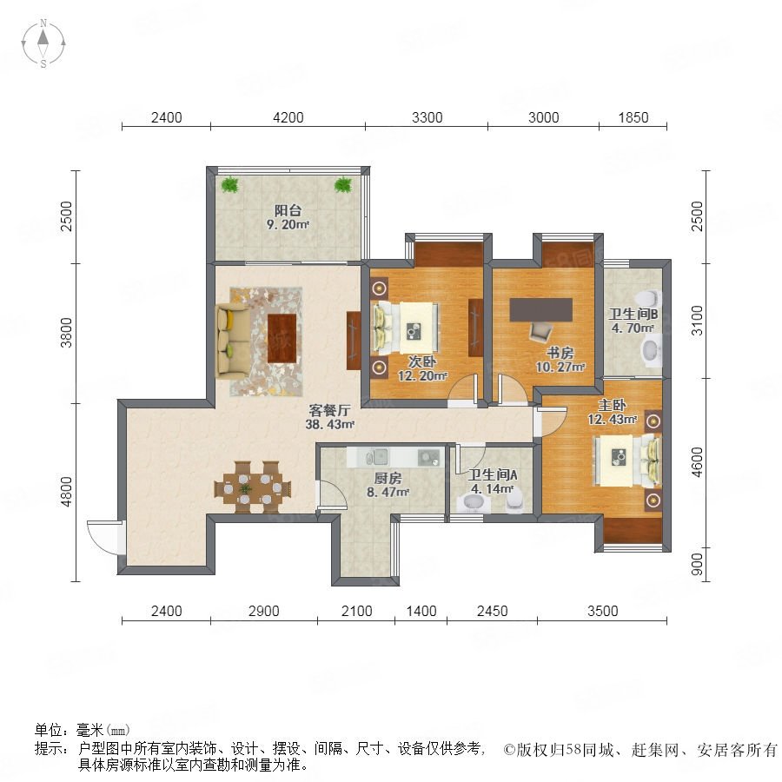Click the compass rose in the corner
click(43, 43)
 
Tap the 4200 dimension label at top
click(288, 117)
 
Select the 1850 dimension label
click(633, 117)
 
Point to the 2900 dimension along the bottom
click(264, 611)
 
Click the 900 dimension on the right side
click(697, 564)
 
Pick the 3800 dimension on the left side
click(66, 333)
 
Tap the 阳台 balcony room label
click(288, 210)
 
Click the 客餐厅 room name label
click(329, 410)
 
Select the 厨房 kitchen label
click(388, 478)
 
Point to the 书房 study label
click(560, 353)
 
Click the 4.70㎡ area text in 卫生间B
click(633, 328)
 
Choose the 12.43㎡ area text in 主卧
click(612, 420)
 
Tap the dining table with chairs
click(252, 487)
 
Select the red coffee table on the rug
click(282, 338)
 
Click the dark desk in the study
click(540, 309)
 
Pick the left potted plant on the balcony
click(230, 184)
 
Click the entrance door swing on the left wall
click(105, 536)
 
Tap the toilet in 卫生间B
click(650, 298)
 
